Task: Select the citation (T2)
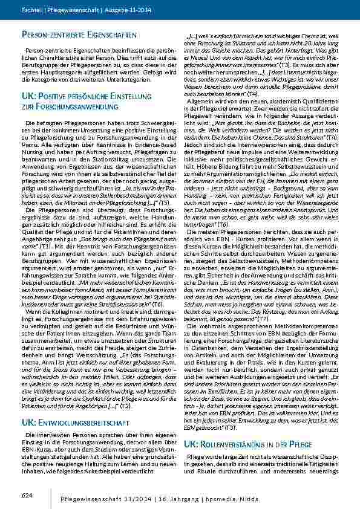(x=125, y=372)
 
